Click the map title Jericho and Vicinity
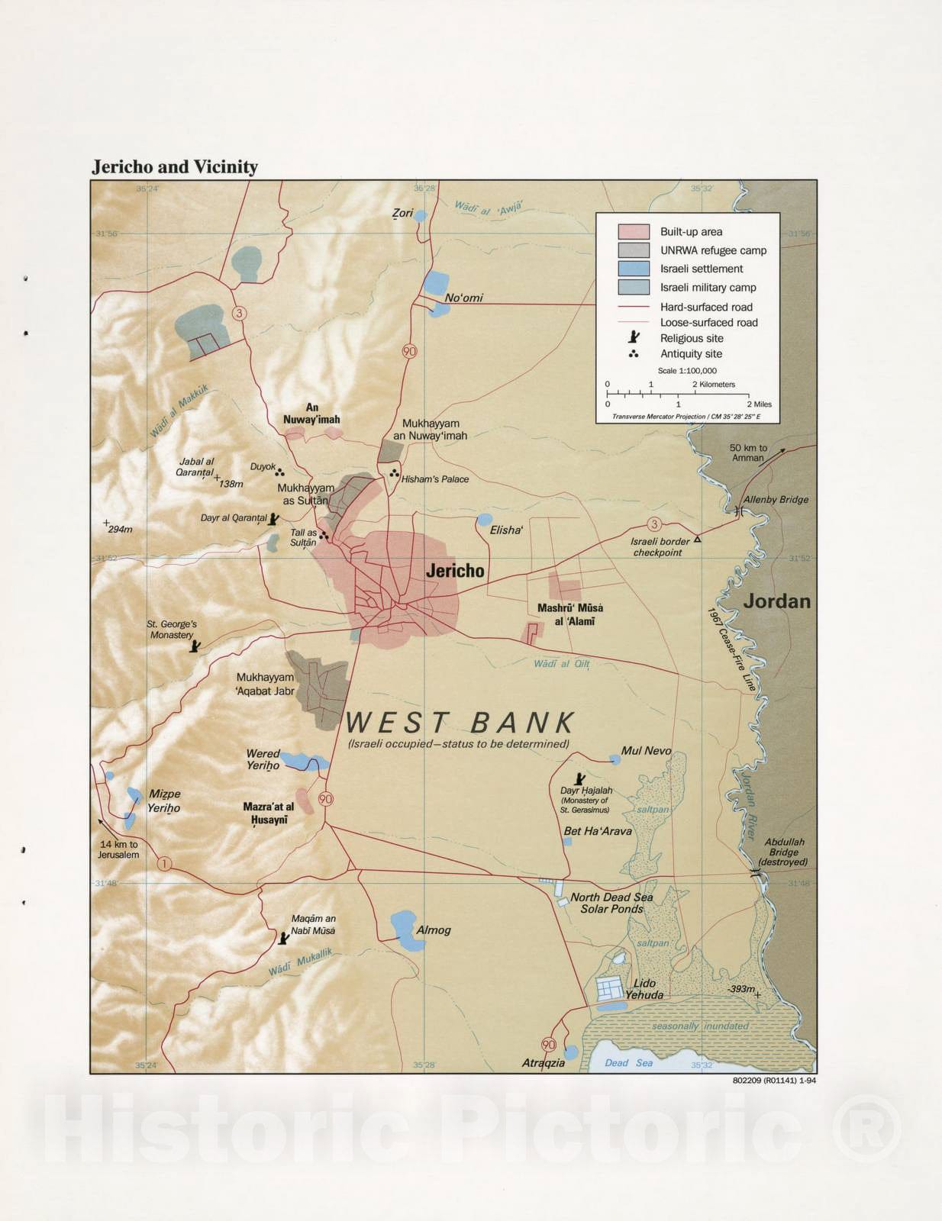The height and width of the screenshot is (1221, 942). [x=175, y=167]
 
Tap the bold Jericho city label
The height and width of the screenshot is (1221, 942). [x=455, y=571]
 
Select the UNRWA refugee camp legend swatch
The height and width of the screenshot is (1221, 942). [x=634, y=250]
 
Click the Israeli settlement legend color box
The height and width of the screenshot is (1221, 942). [x=634, y=269]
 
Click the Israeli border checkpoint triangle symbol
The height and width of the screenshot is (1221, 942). [x=696, y=539]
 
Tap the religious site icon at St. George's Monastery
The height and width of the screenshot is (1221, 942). [x=196, y=646]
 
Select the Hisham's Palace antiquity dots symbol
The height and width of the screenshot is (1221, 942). [x=395, y=474]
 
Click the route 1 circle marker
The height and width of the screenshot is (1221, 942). [x=164, y=864]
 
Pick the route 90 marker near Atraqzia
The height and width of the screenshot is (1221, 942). [x=548, y=1045]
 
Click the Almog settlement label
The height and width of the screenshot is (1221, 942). [x=434, y=930]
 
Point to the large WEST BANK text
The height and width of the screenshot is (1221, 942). [x=460, y=723]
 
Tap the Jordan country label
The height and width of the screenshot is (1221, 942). [x=777, y=601]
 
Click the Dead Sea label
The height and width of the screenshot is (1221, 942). [x=628, y=1062]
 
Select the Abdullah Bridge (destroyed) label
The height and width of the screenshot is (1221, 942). [x=786, y=852]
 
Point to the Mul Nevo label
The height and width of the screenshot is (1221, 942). [x=646, y=751]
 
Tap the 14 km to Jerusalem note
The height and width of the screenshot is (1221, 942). [x=118, y=849]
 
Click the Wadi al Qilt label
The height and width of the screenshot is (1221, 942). [x=561, y=664]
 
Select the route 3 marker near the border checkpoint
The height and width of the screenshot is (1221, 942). [x=654, y=524]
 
